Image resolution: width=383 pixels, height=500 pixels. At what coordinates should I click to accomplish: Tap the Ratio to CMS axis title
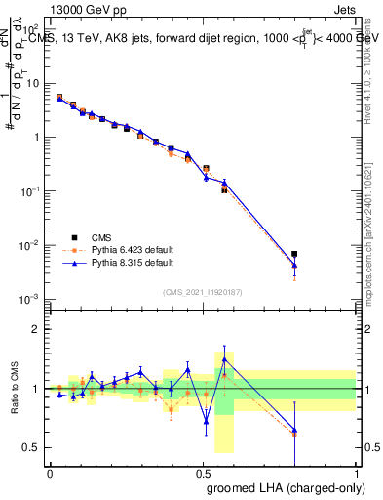15,389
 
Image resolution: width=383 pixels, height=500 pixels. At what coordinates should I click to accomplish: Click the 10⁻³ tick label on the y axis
32,299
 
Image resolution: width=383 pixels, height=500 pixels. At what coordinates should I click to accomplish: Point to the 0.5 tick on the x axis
203,472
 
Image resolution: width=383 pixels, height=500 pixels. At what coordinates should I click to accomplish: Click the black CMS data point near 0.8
294,254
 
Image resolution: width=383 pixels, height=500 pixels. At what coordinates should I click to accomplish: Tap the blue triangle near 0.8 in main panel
294,265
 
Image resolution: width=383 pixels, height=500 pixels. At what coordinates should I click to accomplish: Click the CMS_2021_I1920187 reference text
202,291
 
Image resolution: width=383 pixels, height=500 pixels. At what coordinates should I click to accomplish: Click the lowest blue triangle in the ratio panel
294,430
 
